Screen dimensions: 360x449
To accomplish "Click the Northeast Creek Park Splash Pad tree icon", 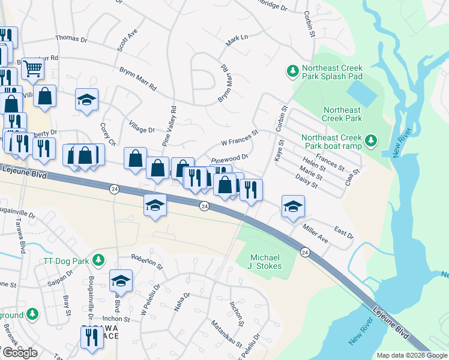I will pyautogui.click(x=293, y=71).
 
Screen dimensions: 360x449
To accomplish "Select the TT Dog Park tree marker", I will pyautogui.click(x=99, y=261).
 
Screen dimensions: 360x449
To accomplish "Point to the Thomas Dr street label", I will pyautogui.click(x=71, y=38).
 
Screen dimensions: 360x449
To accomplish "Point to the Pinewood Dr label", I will pyautogui.click(x=230, y=158).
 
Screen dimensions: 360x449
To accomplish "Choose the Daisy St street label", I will pyautogui.click(x=307, y=180).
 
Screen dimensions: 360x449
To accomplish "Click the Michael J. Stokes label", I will pyautogui.click(x=265, y=261).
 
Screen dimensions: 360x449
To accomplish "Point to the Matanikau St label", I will pyautogui.click(x=226, y=334).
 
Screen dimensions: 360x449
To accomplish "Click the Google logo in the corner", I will pyautogui.click(x=20, y=353).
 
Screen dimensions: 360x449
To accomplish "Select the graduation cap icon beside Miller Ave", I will pyautogui.click(x=293, y=206).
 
